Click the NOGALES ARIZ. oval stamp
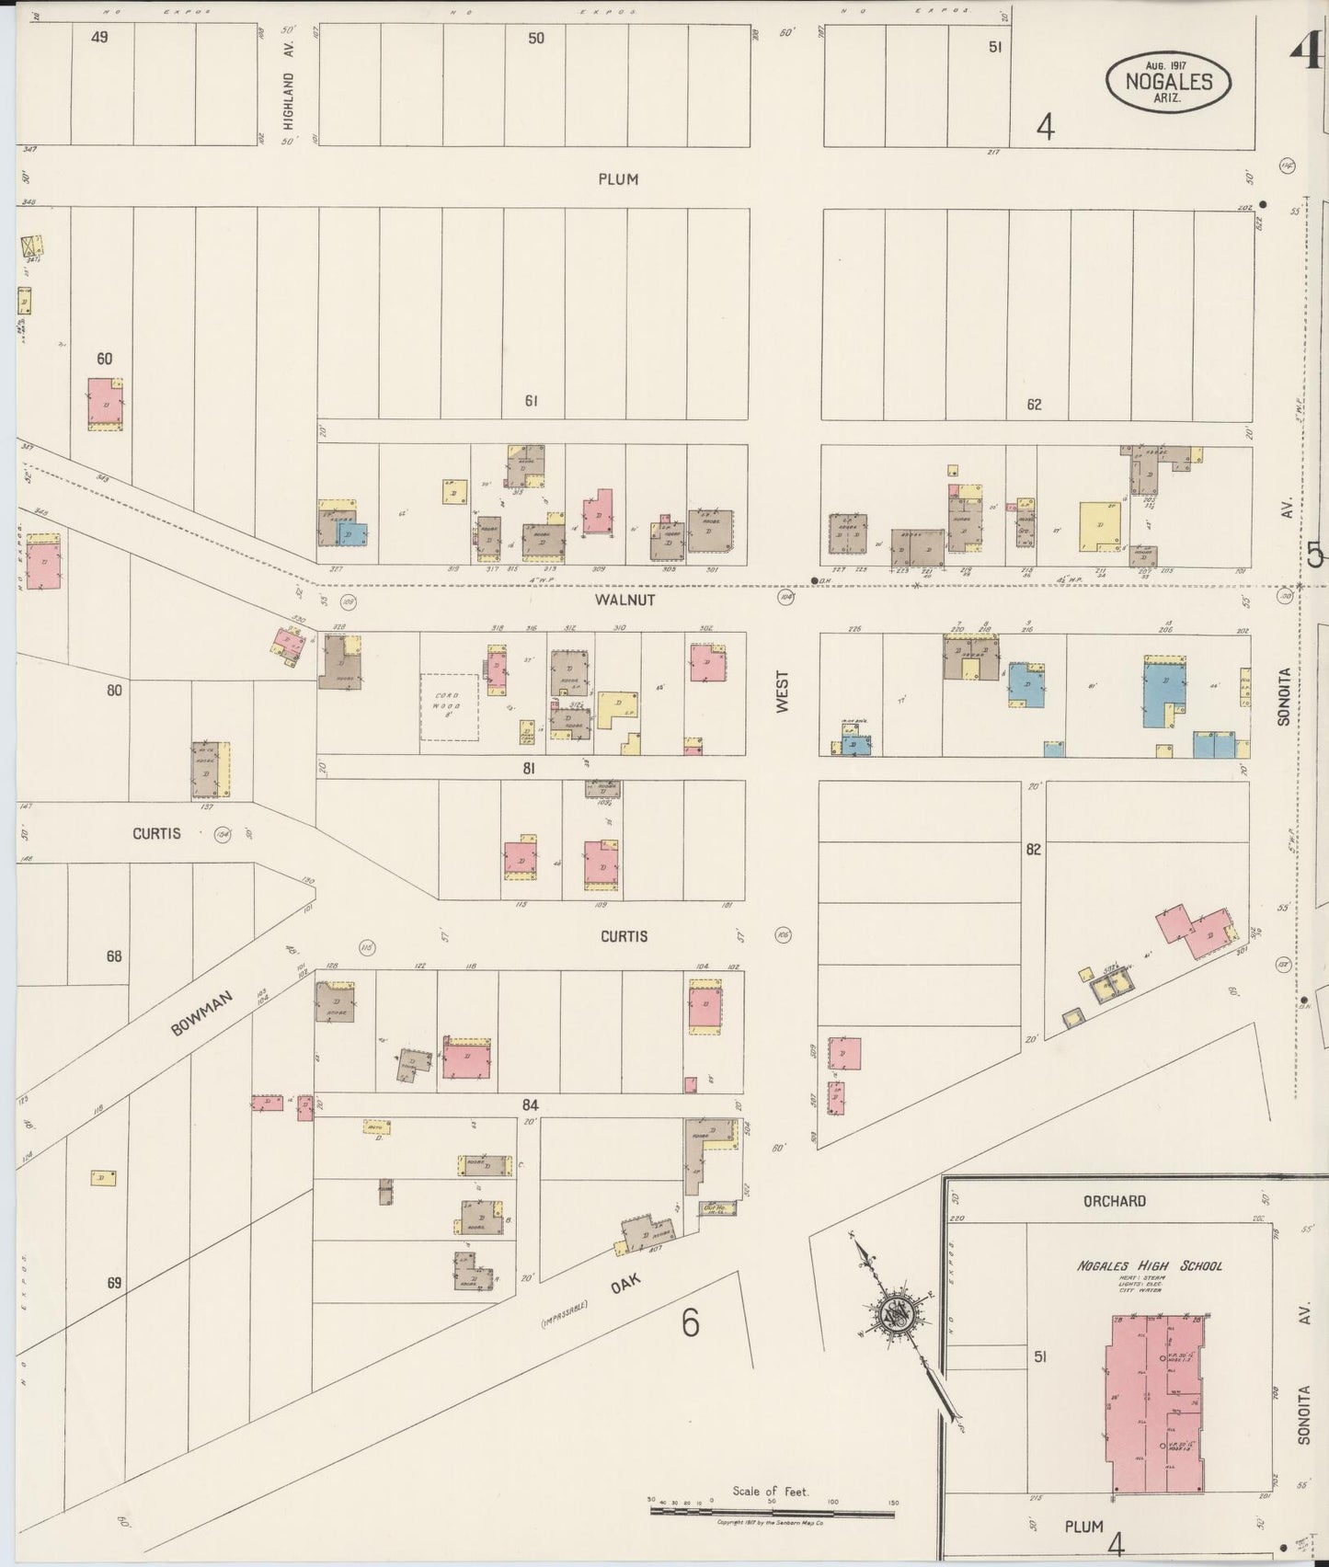pos(1169,81)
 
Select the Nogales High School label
pos(1150,1265)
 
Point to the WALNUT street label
pos(624,600)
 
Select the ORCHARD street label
pos(1114,1200)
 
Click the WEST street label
pos(783,691)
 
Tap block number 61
pos(531,401)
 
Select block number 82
pos(1033,850)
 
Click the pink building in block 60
pos(107,403)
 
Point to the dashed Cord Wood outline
pos(449,706)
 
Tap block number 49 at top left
pos(100,37)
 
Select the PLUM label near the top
pos(617,179)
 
